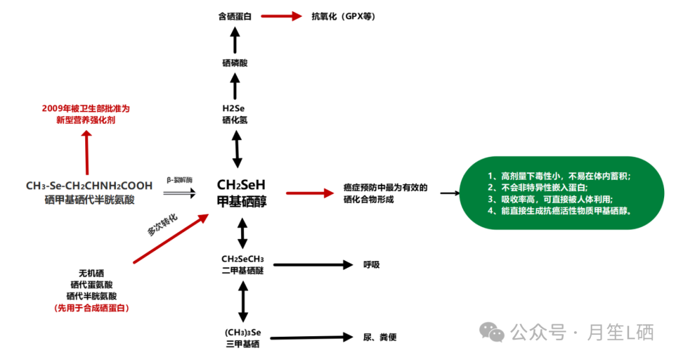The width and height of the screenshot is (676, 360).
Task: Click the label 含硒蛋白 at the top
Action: (235, 16)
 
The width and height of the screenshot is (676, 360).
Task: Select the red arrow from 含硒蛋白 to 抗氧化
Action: (282, 16)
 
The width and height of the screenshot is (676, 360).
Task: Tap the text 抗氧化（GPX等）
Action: (344, 16)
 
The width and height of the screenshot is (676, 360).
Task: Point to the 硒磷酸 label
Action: (235, 63)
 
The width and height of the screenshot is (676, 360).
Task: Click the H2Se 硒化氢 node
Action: (235, 114)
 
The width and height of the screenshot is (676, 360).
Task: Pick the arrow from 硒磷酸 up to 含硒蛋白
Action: (235, 40)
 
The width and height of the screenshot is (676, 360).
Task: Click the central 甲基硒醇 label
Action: (242, 201)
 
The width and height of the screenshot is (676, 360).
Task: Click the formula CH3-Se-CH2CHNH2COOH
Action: (89, 186)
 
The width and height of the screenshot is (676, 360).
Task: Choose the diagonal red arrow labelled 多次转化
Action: (170, 239)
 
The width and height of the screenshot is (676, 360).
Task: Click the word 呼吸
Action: (372, 265)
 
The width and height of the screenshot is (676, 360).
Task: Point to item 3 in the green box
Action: (550, 199)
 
